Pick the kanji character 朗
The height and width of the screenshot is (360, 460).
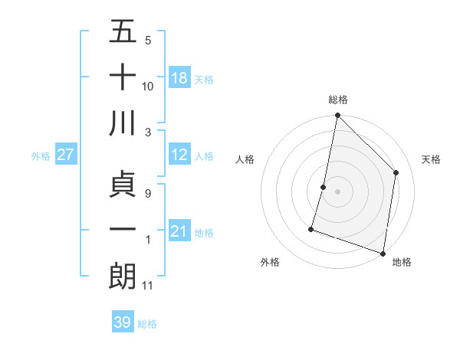tap(123, 275)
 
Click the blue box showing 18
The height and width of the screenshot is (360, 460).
tap(179, 78)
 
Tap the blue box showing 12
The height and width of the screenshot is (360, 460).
tap(179, 155)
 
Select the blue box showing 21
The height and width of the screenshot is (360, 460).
tap(179, 231)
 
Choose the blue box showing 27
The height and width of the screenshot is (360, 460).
tap(66, 155)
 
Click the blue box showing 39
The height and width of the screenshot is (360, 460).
tap(123, 322)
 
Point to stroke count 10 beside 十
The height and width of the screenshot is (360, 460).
tap(148, 86)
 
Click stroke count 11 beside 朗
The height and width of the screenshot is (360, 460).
tap(148, 286)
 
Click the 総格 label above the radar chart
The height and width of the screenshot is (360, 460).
tap(338, 100)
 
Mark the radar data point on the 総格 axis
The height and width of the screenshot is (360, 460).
tap(337, 116)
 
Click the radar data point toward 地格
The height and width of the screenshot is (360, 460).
tap(383, 252)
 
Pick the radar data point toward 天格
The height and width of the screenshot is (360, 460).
tap(396, 172)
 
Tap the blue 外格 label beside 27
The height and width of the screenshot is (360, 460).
tap(41, 155)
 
